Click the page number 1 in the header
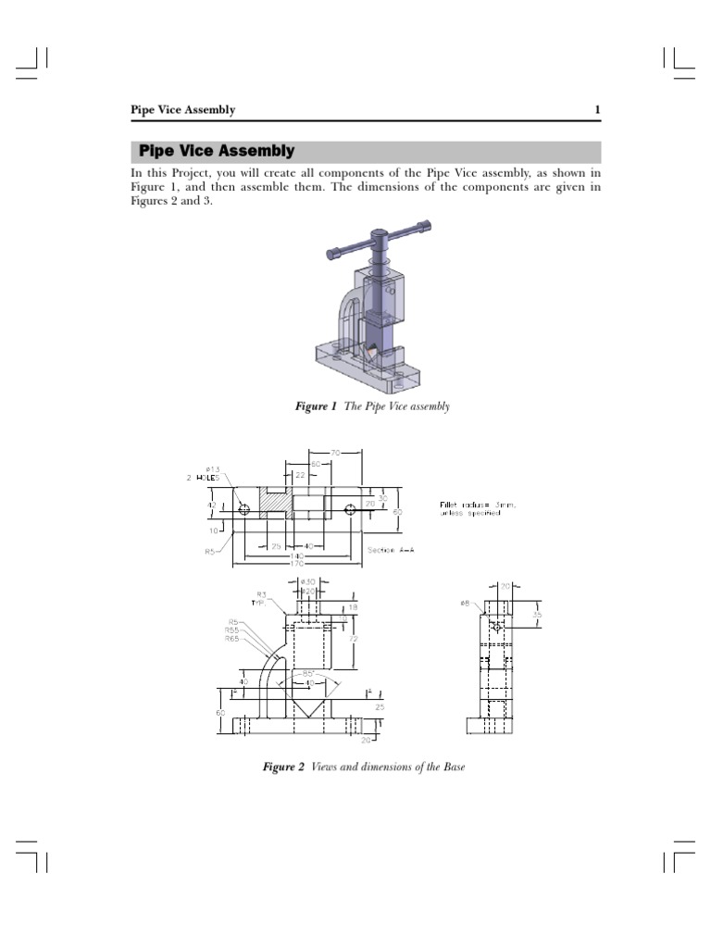click(597, 110)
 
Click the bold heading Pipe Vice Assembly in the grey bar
click(216, 151)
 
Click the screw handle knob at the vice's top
click(380, 237)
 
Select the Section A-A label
click(392, 550)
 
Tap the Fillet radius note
click(477, 508)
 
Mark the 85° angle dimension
click(307, 673)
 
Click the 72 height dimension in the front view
click(354, 639)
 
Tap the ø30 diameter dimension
click(308, 581)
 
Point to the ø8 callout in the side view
click(465, 604)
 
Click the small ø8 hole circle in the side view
click(497, 627)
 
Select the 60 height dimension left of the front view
click(221, 712)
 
